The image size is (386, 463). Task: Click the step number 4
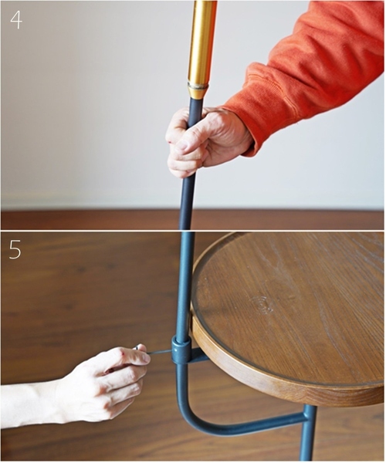pos(15,19)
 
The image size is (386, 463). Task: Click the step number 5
pos(15,249)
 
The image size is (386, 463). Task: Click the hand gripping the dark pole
pos(205,139)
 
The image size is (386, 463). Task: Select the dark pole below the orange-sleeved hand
pos(187,201)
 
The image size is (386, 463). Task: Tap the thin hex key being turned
pos(158,352)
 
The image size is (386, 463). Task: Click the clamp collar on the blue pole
pos(181,350)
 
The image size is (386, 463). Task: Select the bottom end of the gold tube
pos(198,90)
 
